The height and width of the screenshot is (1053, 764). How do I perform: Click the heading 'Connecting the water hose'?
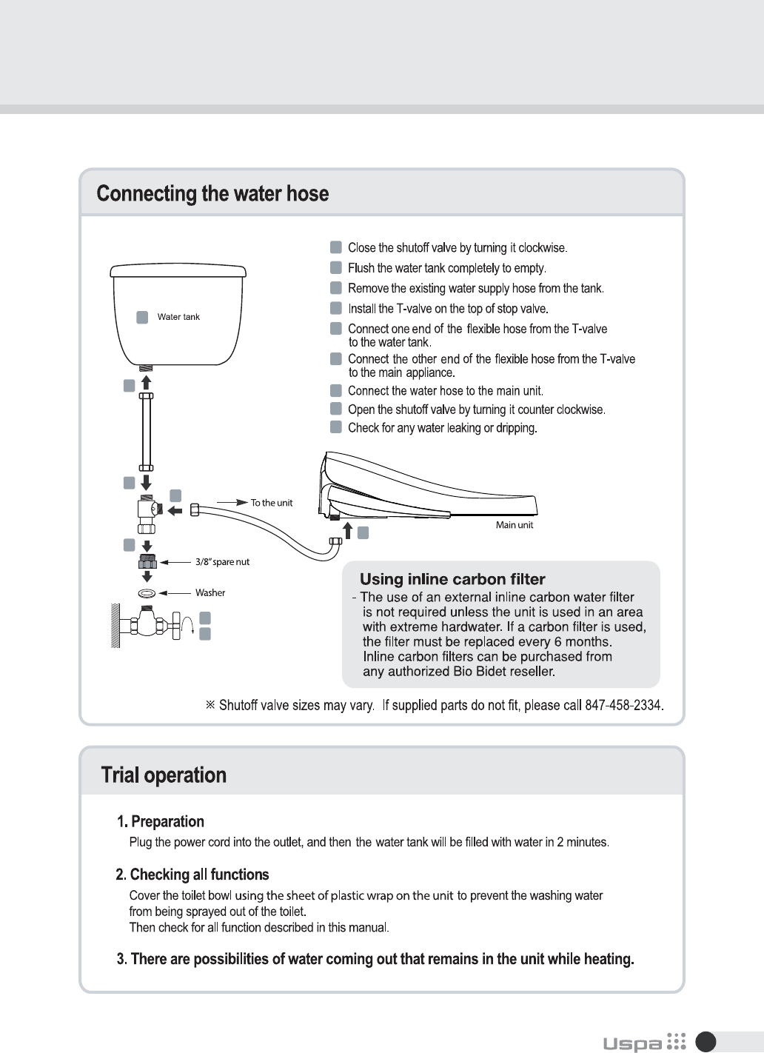[212, 194]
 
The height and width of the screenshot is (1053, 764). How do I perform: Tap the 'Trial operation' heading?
[164, 775]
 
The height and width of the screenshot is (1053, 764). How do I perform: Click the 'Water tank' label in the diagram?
[178, 317]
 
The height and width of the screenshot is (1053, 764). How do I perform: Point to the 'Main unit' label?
[515, 525]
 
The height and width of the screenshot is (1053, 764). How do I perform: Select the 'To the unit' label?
[272, 503]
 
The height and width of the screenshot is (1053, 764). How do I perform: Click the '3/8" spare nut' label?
[222, 562]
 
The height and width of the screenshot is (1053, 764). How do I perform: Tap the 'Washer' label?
[210, 593]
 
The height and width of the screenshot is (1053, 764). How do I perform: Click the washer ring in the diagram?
[147, 593]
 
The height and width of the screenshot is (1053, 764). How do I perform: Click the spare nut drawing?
[147, 562]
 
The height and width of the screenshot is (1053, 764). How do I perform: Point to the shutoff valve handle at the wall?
[177, 626]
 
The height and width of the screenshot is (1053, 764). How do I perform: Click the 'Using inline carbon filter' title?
[452, 579]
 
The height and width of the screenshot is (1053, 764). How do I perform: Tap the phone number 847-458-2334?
[623, 705]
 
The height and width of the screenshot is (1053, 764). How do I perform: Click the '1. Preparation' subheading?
[160, 821]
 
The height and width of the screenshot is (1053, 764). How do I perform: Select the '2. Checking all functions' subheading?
[192, 875]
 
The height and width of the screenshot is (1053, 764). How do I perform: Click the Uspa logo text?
[632, 1043]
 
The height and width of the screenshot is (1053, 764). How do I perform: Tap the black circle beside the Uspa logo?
[706, 1042]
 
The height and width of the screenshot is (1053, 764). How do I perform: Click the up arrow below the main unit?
[348, 530]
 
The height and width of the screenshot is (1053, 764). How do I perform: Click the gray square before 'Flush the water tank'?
[336, 267]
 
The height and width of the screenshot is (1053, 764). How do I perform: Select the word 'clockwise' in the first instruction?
[542, 248]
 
